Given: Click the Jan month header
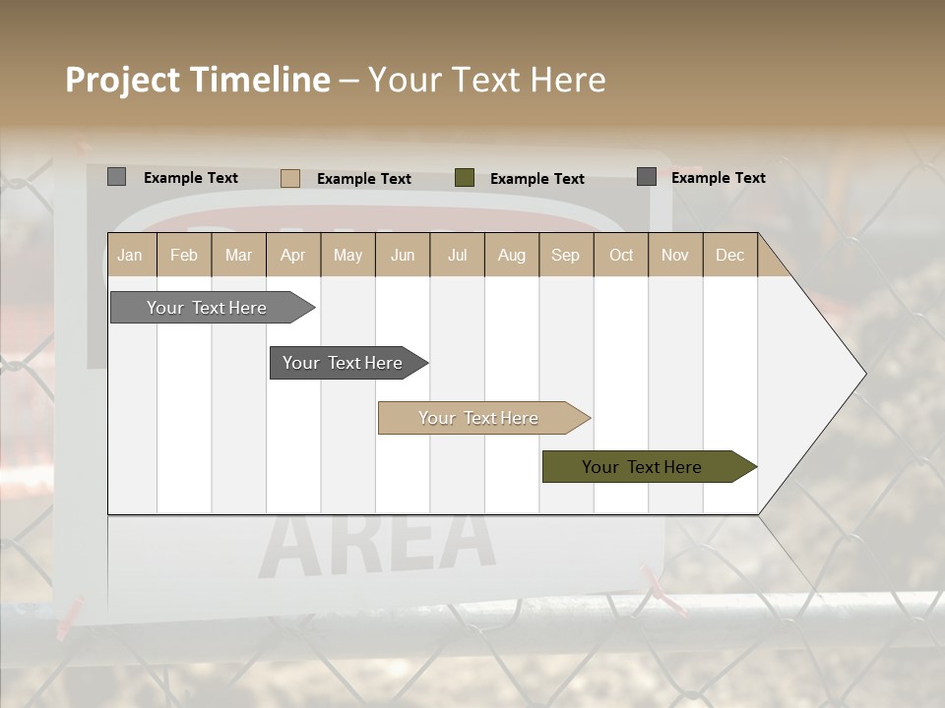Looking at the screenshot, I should pyautogui.click(x=130, y=255).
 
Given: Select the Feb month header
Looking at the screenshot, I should pyautogui.click(x=184, y=255).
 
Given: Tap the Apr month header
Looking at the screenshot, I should pyautogui.click(x=292, y=255).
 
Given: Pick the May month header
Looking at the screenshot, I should pyautogui.click(x=347, y=255).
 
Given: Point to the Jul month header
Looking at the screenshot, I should pyautogui.click(x=457, y=255).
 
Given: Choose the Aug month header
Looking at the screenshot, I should pyautogui.click(x=511, y=255).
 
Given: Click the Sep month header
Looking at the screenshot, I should pyautogui.click(x=565, y=255).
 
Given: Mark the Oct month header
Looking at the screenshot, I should pyautogui.click(x=621, y=255).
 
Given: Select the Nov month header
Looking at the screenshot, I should pyautogui.click(x=675, y=255).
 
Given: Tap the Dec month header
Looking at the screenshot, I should pyautogui.click(x=729, y=255).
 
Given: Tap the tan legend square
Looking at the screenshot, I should pyautogui.click(x=289, y=178).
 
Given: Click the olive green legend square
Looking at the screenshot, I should pyautogui.click(x=465, y=178).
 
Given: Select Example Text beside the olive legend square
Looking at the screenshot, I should pyautogui.click(x=537, y=179).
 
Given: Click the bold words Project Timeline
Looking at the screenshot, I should pyautogui.click(x=197, y=80).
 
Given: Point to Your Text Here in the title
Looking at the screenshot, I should pyautogui.click(x=486, y=80).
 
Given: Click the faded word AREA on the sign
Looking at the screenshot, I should pyautogui.click(x=379, y=544).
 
